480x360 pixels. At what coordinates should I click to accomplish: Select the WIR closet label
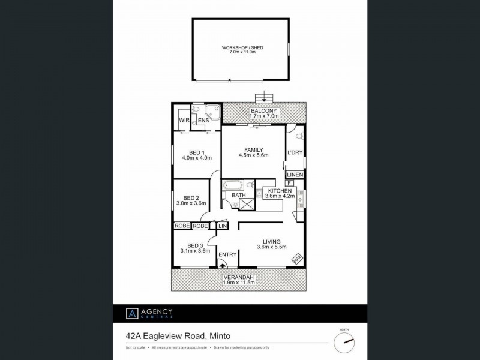click(x=184, y=121)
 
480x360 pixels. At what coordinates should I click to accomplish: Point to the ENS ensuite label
click(x=203, y=121)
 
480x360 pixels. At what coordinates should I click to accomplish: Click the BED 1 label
click(x=193, y=152)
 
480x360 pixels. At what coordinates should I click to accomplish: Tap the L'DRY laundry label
click(x=295, y=152)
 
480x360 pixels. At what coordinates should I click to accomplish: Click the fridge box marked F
click(x=289, y=182)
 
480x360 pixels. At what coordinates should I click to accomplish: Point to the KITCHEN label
click(x=280, y=191)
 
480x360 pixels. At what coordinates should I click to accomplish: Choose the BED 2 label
click(x=191, y=199)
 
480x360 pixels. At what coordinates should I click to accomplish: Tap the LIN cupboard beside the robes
click(x=223, y=226)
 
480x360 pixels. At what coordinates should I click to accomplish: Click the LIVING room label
click(x=271, y=242)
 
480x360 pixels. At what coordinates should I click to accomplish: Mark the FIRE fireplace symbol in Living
click(x=296, y=258)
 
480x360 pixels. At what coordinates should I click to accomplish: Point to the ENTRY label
click(x=227, y=254)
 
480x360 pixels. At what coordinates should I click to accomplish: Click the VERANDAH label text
click(x=238, y=277)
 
